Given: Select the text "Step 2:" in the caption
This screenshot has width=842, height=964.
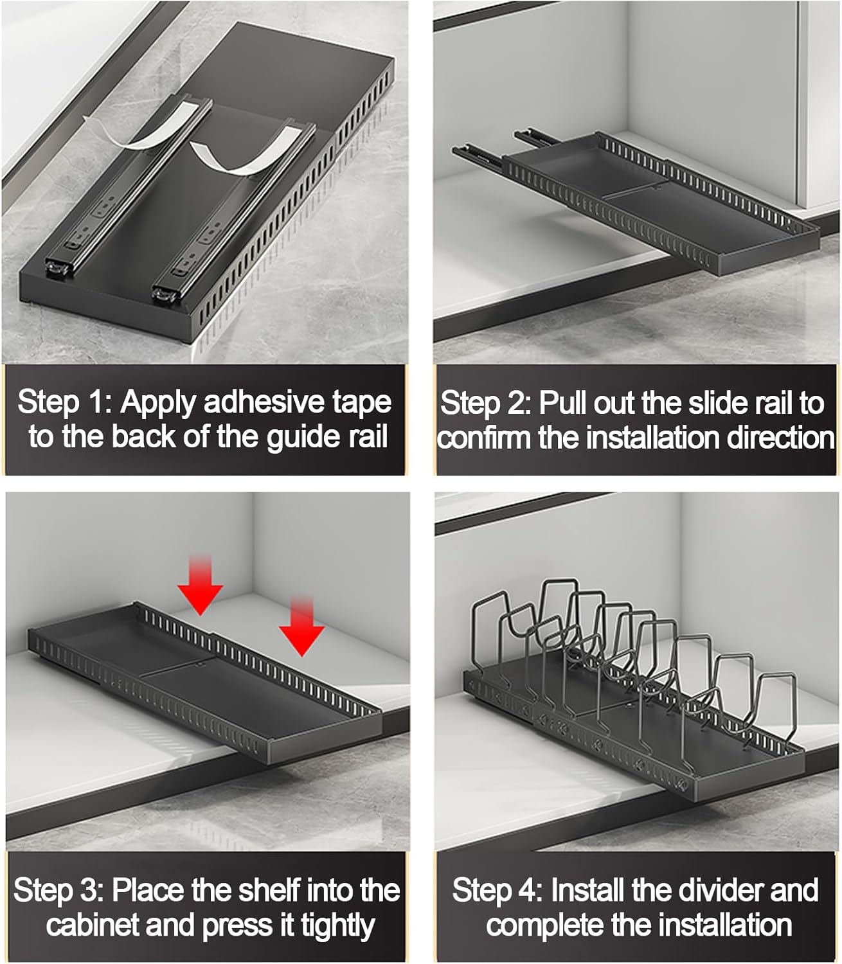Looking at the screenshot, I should click(x=486, y=404).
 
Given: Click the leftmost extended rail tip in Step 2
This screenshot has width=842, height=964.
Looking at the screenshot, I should click(x=464, y=152).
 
